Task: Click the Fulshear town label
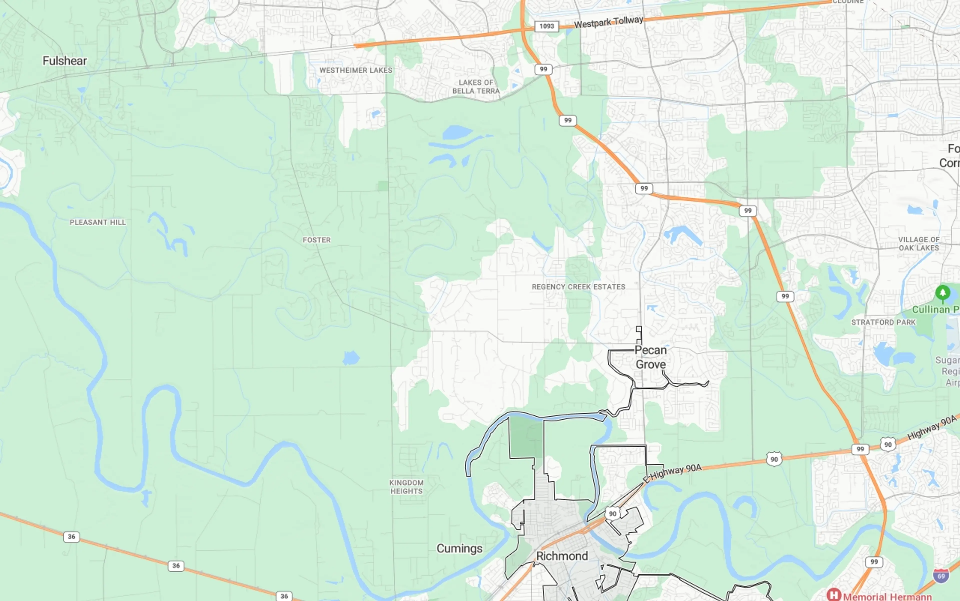coord(65,61)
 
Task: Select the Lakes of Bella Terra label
coord(476,87)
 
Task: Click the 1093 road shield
coord(546,26)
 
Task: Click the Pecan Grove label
coord(650,357)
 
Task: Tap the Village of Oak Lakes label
coord(919,244)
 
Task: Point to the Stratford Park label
coord(883,322)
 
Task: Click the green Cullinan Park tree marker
coord(942,293)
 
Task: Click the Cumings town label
coord(459,548)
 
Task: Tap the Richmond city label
coord(561,556)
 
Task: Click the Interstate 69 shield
coord(941,575)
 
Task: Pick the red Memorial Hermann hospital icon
coord(834,595)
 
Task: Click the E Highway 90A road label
coord(673,473)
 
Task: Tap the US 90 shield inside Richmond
coord(612,514)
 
